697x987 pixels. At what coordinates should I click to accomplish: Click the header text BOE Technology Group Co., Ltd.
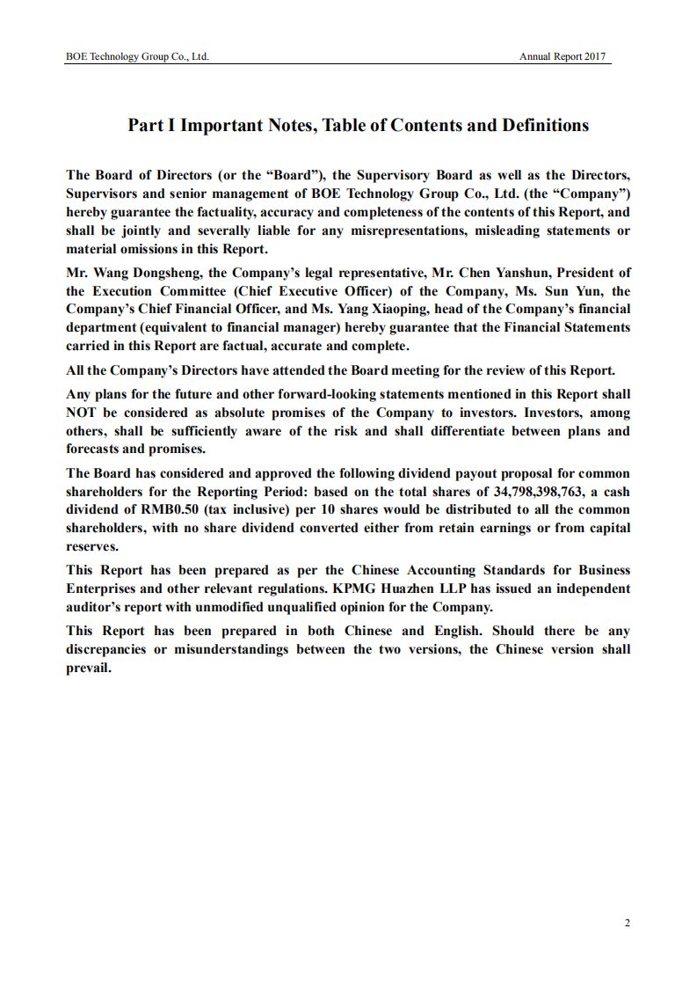pos(137,56)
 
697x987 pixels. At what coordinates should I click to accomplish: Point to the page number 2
pos(627,923)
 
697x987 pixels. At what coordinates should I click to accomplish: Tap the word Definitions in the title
pos(545,125)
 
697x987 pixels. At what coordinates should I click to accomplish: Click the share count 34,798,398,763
pos(532,492)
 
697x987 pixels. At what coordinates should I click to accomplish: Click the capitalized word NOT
pos(83,413)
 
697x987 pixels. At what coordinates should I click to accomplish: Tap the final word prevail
pos(89,668)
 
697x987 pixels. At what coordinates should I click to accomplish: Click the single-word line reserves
pos(92,546)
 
